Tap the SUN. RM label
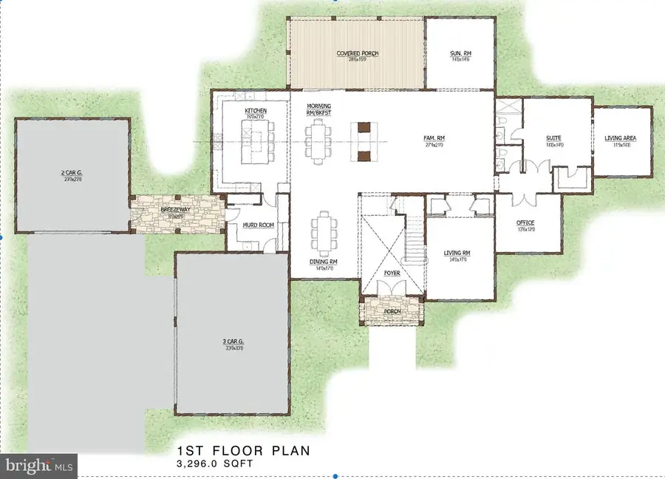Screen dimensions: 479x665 (460, 54)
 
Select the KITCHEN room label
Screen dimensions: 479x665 (256, 112)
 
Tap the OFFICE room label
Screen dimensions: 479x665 (526, 223)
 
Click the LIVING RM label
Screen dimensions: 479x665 (457, 254)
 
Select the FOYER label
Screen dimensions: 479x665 (392, 272)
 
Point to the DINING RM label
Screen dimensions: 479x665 (324, 262)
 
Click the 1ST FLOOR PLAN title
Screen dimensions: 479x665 (245, 450)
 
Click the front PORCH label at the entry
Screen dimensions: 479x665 (392, 310)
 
